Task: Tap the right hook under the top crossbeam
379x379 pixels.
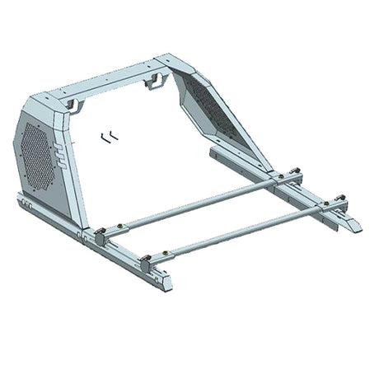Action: pyautogui.click(x=154, y=81)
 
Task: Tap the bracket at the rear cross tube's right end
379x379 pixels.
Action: pyautogui.click(x=283, y=180)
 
